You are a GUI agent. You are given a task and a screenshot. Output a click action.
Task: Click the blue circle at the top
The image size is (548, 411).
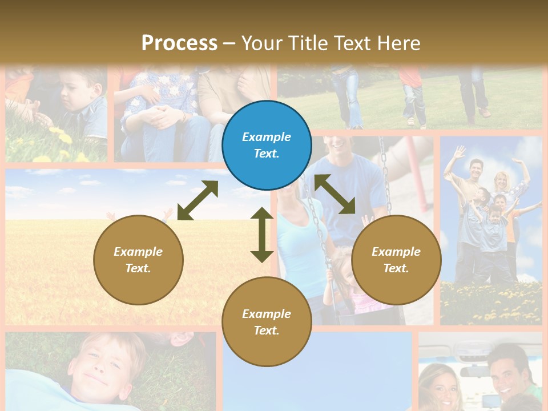267,146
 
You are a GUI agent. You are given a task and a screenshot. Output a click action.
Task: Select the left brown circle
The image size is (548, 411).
138,260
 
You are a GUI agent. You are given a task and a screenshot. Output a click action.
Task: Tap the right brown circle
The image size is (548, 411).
396,260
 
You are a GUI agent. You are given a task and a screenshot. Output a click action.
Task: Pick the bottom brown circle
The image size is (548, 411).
267,322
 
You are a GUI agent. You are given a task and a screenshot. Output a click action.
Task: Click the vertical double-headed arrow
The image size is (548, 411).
262,235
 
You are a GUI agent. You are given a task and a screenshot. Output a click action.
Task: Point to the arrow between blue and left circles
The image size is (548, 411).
198,200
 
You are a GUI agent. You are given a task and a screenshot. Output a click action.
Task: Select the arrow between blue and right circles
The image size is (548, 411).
335,194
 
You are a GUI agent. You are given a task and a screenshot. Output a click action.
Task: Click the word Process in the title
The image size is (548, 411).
179,43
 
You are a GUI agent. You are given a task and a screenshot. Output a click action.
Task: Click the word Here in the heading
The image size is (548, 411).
398,43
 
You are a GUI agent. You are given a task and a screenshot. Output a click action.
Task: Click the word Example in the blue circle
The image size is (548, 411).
267,137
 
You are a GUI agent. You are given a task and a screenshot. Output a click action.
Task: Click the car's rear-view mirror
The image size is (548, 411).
477,372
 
